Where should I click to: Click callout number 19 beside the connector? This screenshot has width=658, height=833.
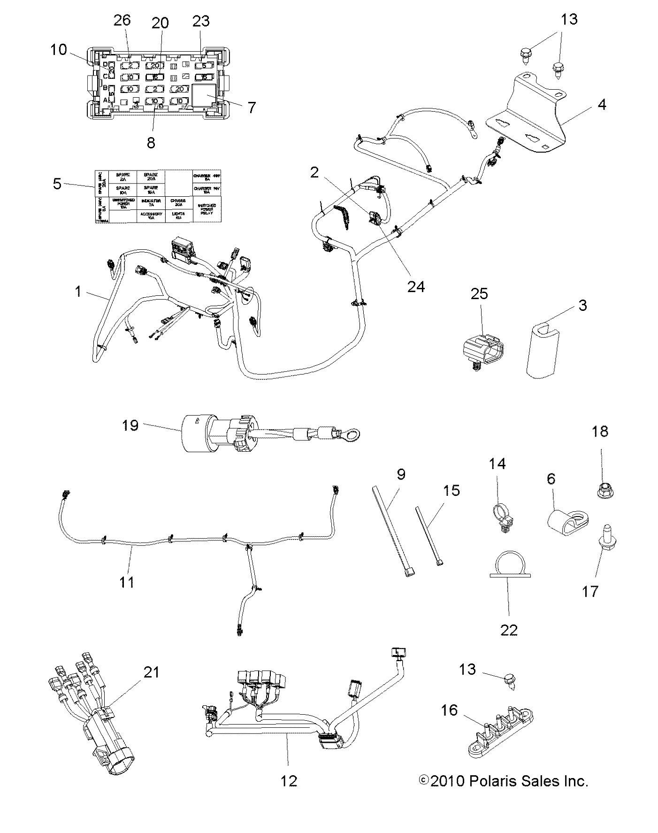click(130, 426)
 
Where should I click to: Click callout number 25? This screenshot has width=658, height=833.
click(479, 294)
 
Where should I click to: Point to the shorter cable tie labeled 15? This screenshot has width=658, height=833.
click(429, 535)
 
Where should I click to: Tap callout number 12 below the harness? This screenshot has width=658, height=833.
click(289, 781)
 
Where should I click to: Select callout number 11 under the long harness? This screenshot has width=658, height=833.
click(127, 582)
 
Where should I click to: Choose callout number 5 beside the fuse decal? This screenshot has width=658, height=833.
click(57, 184)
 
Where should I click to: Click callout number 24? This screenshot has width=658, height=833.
click(416, 286)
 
